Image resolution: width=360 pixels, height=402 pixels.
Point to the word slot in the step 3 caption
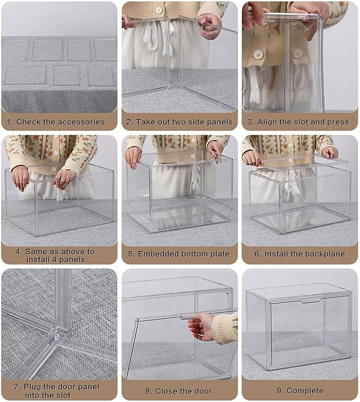point(309,122)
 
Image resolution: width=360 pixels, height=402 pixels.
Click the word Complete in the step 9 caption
point(305,391)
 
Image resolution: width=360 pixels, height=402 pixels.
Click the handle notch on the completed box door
point(309,301)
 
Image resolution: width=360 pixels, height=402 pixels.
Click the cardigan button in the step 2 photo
point(158,11)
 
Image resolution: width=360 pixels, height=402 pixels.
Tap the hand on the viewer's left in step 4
point(20,178)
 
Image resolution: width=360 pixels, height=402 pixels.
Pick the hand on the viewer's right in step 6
point(330,152)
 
